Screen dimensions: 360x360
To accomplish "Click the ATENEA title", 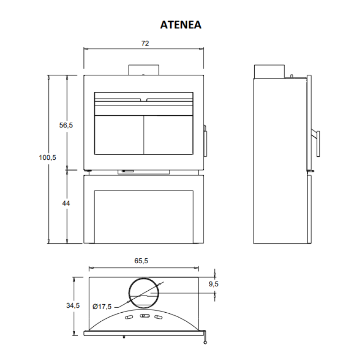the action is click(x=181, y=25).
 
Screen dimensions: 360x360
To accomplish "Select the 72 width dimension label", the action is click(x=145, y=43).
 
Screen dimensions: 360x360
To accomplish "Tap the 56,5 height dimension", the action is click(x=66, y=125).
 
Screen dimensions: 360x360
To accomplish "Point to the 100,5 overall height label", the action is click(x=48, y=157).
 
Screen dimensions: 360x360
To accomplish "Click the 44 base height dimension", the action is click(x=66, y=203).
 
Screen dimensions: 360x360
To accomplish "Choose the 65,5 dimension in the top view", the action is click(x=141, y=261).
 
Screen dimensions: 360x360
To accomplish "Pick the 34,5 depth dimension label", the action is click(x=73, y=306).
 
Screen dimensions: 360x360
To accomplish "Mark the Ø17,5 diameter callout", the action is click(x=102, y=306).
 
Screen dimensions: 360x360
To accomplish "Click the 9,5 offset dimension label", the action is click(x=213, y=284).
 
